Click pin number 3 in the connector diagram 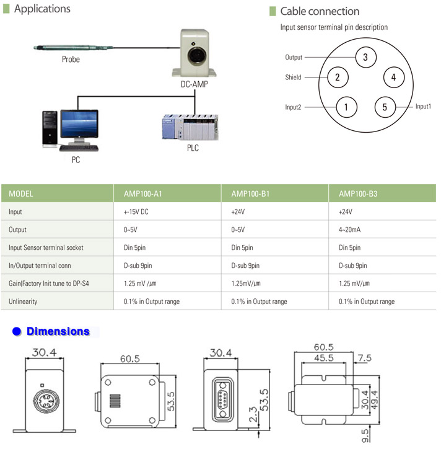365,57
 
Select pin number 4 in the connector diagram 393,78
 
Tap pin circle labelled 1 346,107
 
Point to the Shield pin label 293,78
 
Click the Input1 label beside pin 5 423,107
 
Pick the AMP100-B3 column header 358,194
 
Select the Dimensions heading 58,332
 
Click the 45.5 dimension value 323,358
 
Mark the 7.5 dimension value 365,358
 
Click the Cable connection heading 320,11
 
